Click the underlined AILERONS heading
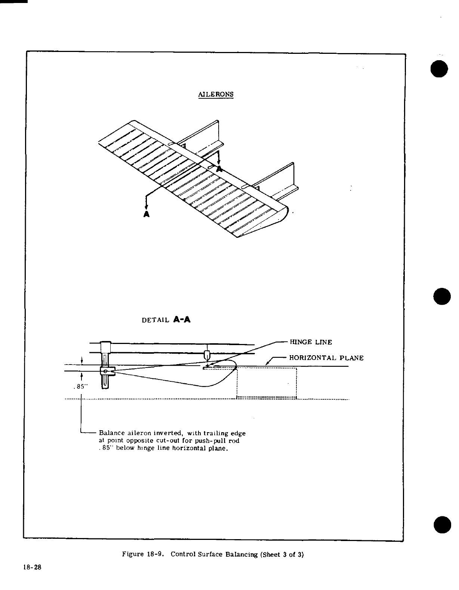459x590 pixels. coord(216,94)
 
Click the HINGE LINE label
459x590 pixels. coord(311,342)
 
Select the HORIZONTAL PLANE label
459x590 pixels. coord(326,358)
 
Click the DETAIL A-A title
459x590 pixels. coord(166,320)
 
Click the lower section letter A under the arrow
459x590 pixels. coord(147,214)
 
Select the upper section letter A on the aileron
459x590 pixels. coord(219,169)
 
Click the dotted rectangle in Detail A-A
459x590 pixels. coord(267,383)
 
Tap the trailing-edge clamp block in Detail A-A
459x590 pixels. coord(107,371)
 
